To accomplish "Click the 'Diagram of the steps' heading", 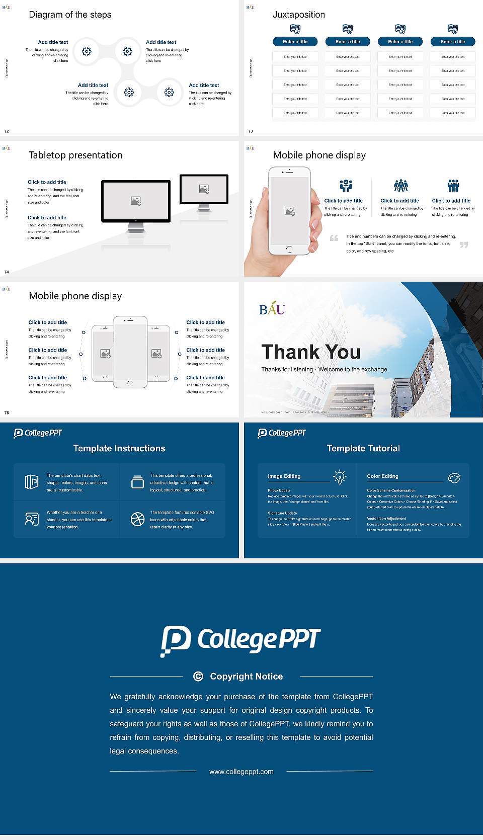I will (x=70, y=15).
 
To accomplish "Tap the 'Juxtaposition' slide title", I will (x=298, y=15).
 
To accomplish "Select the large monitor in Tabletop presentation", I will (x=136, y=201).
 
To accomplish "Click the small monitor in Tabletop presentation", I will (x=204, y=189).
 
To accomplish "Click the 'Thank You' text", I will (x=310, y=352).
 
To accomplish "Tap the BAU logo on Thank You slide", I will (x=272, y=309).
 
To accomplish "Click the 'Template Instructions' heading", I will (x=119, y=448).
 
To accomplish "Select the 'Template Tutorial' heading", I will (x=363, y=448).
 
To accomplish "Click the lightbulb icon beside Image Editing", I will (x=340, y=477).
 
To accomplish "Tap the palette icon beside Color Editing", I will (x=454, y=477).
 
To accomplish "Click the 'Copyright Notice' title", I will (x=246, y=677).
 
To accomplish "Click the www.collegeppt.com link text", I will (x=242, y=772).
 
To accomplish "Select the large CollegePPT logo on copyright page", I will (x=240, y=640).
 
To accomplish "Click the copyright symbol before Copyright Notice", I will (x=198, y=677).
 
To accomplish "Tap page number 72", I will (x=7, y=131).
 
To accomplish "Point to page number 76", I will (x=7, y=412).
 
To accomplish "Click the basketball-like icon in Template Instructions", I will (x=137, y=519).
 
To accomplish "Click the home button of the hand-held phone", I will (x=289, y=249).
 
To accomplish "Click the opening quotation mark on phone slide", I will (x=334, y=238).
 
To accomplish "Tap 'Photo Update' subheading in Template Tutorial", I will (x=279, y=490).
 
